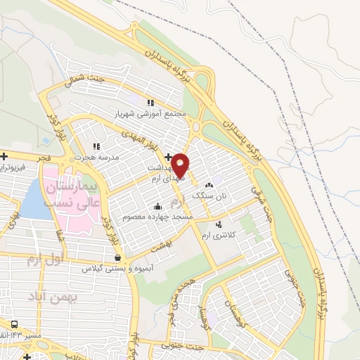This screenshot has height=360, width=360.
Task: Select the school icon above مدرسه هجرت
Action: point(96,146)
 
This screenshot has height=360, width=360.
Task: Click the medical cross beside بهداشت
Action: point(168,156)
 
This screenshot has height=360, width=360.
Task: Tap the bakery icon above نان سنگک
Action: point(209,185)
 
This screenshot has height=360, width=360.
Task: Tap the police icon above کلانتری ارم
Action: point(218,224)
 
